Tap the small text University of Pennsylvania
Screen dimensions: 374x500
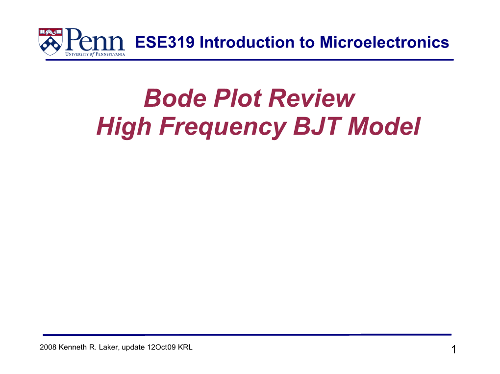click(x=95, y=54)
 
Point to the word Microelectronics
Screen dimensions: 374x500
click(x=384, y=43)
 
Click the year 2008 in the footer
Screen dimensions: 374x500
click(x=48, y=348)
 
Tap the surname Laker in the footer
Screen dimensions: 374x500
click(x=106, y=348)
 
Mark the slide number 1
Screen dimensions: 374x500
click(x=453, y=350)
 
